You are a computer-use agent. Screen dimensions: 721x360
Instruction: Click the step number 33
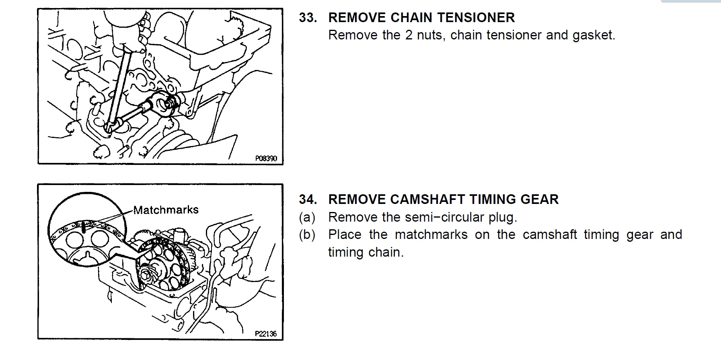[x=308, y=18]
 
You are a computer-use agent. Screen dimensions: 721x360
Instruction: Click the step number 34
[x=308, y=200]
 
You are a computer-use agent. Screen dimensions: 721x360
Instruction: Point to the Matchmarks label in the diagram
[x=166, y=210]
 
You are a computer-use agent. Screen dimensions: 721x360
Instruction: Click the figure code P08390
[x=266, y=158]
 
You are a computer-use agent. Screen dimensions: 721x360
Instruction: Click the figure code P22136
[x=266, y=334]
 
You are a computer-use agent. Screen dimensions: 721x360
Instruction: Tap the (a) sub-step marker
[x=307, y=218]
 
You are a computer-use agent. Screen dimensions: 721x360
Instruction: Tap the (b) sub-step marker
[x=307, y=235]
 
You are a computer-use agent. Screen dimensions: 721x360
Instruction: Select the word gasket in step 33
[x=594, y=35]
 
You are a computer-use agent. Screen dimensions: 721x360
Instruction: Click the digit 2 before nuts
[x=409, y=35]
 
